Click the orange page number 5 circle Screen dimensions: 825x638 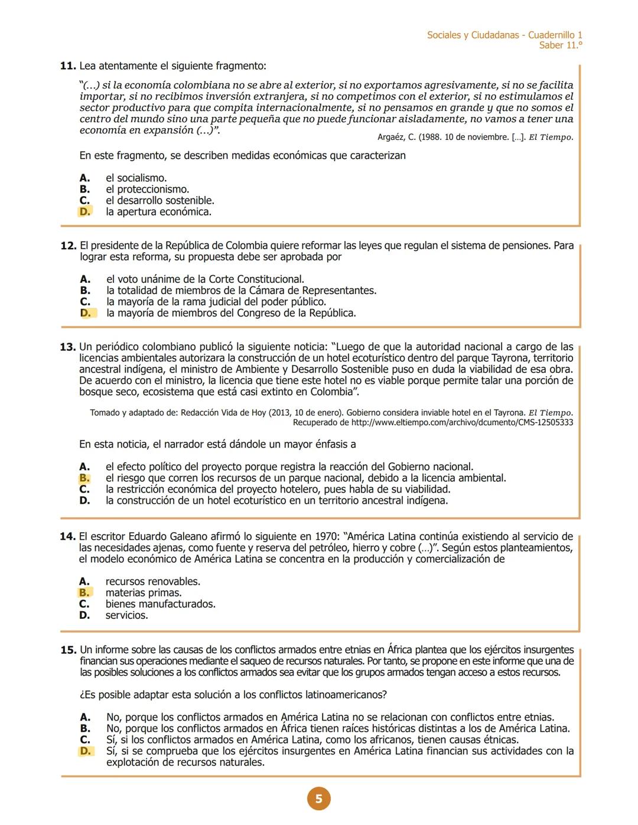(318, 799)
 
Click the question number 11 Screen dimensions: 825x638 (68, 66)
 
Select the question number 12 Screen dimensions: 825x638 (68, 246)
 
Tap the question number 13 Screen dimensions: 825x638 (68, 347)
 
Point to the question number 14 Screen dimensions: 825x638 (68, 537)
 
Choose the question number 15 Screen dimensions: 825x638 (68, 650)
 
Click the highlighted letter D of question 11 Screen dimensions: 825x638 (85, 212)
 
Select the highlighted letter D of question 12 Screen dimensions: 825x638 (86, 313)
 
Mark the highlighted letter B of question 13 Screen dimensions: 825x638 (84, 478)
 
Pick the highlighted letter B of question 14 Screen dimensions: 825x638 (84, 593)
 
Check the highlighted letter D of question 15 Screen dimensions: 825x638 (86, 751)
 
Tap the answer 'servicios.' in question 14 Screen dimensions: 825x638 (126, 615)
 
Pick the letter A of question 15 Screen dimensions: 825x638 (85, 718)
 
